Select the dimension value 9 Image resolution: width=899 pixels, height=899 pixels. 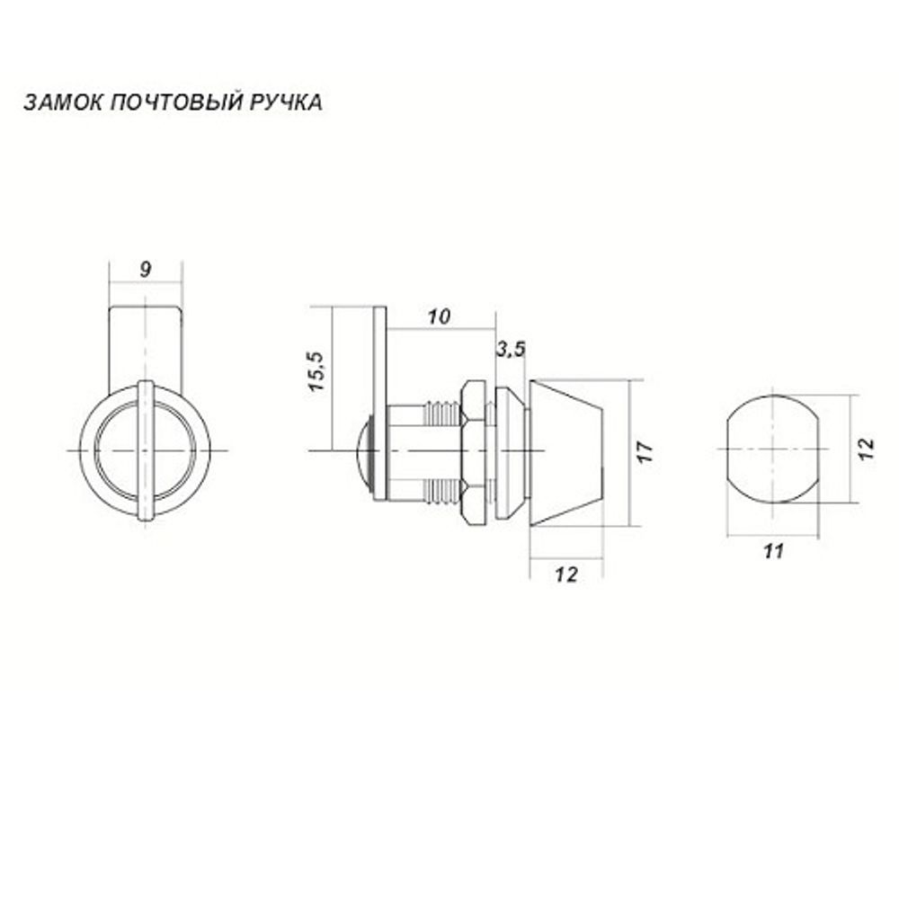[x=146, y=268]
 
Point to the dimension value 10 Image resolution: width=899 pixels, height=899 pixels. [x=439, y=316]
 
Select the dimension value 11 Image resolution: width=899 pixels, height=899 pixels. [x=772, y=551]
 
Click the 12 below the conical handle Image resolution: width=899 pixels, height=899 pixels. [x=565, y=575]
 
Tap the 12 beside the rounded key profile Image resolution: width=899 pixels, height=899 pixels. [x=865, y=449]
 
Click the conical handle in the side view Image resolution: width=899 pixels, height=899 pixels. [x=568, y=452]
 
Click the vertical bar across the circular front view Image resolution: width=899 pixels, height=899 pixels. [x=146, y=449]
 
